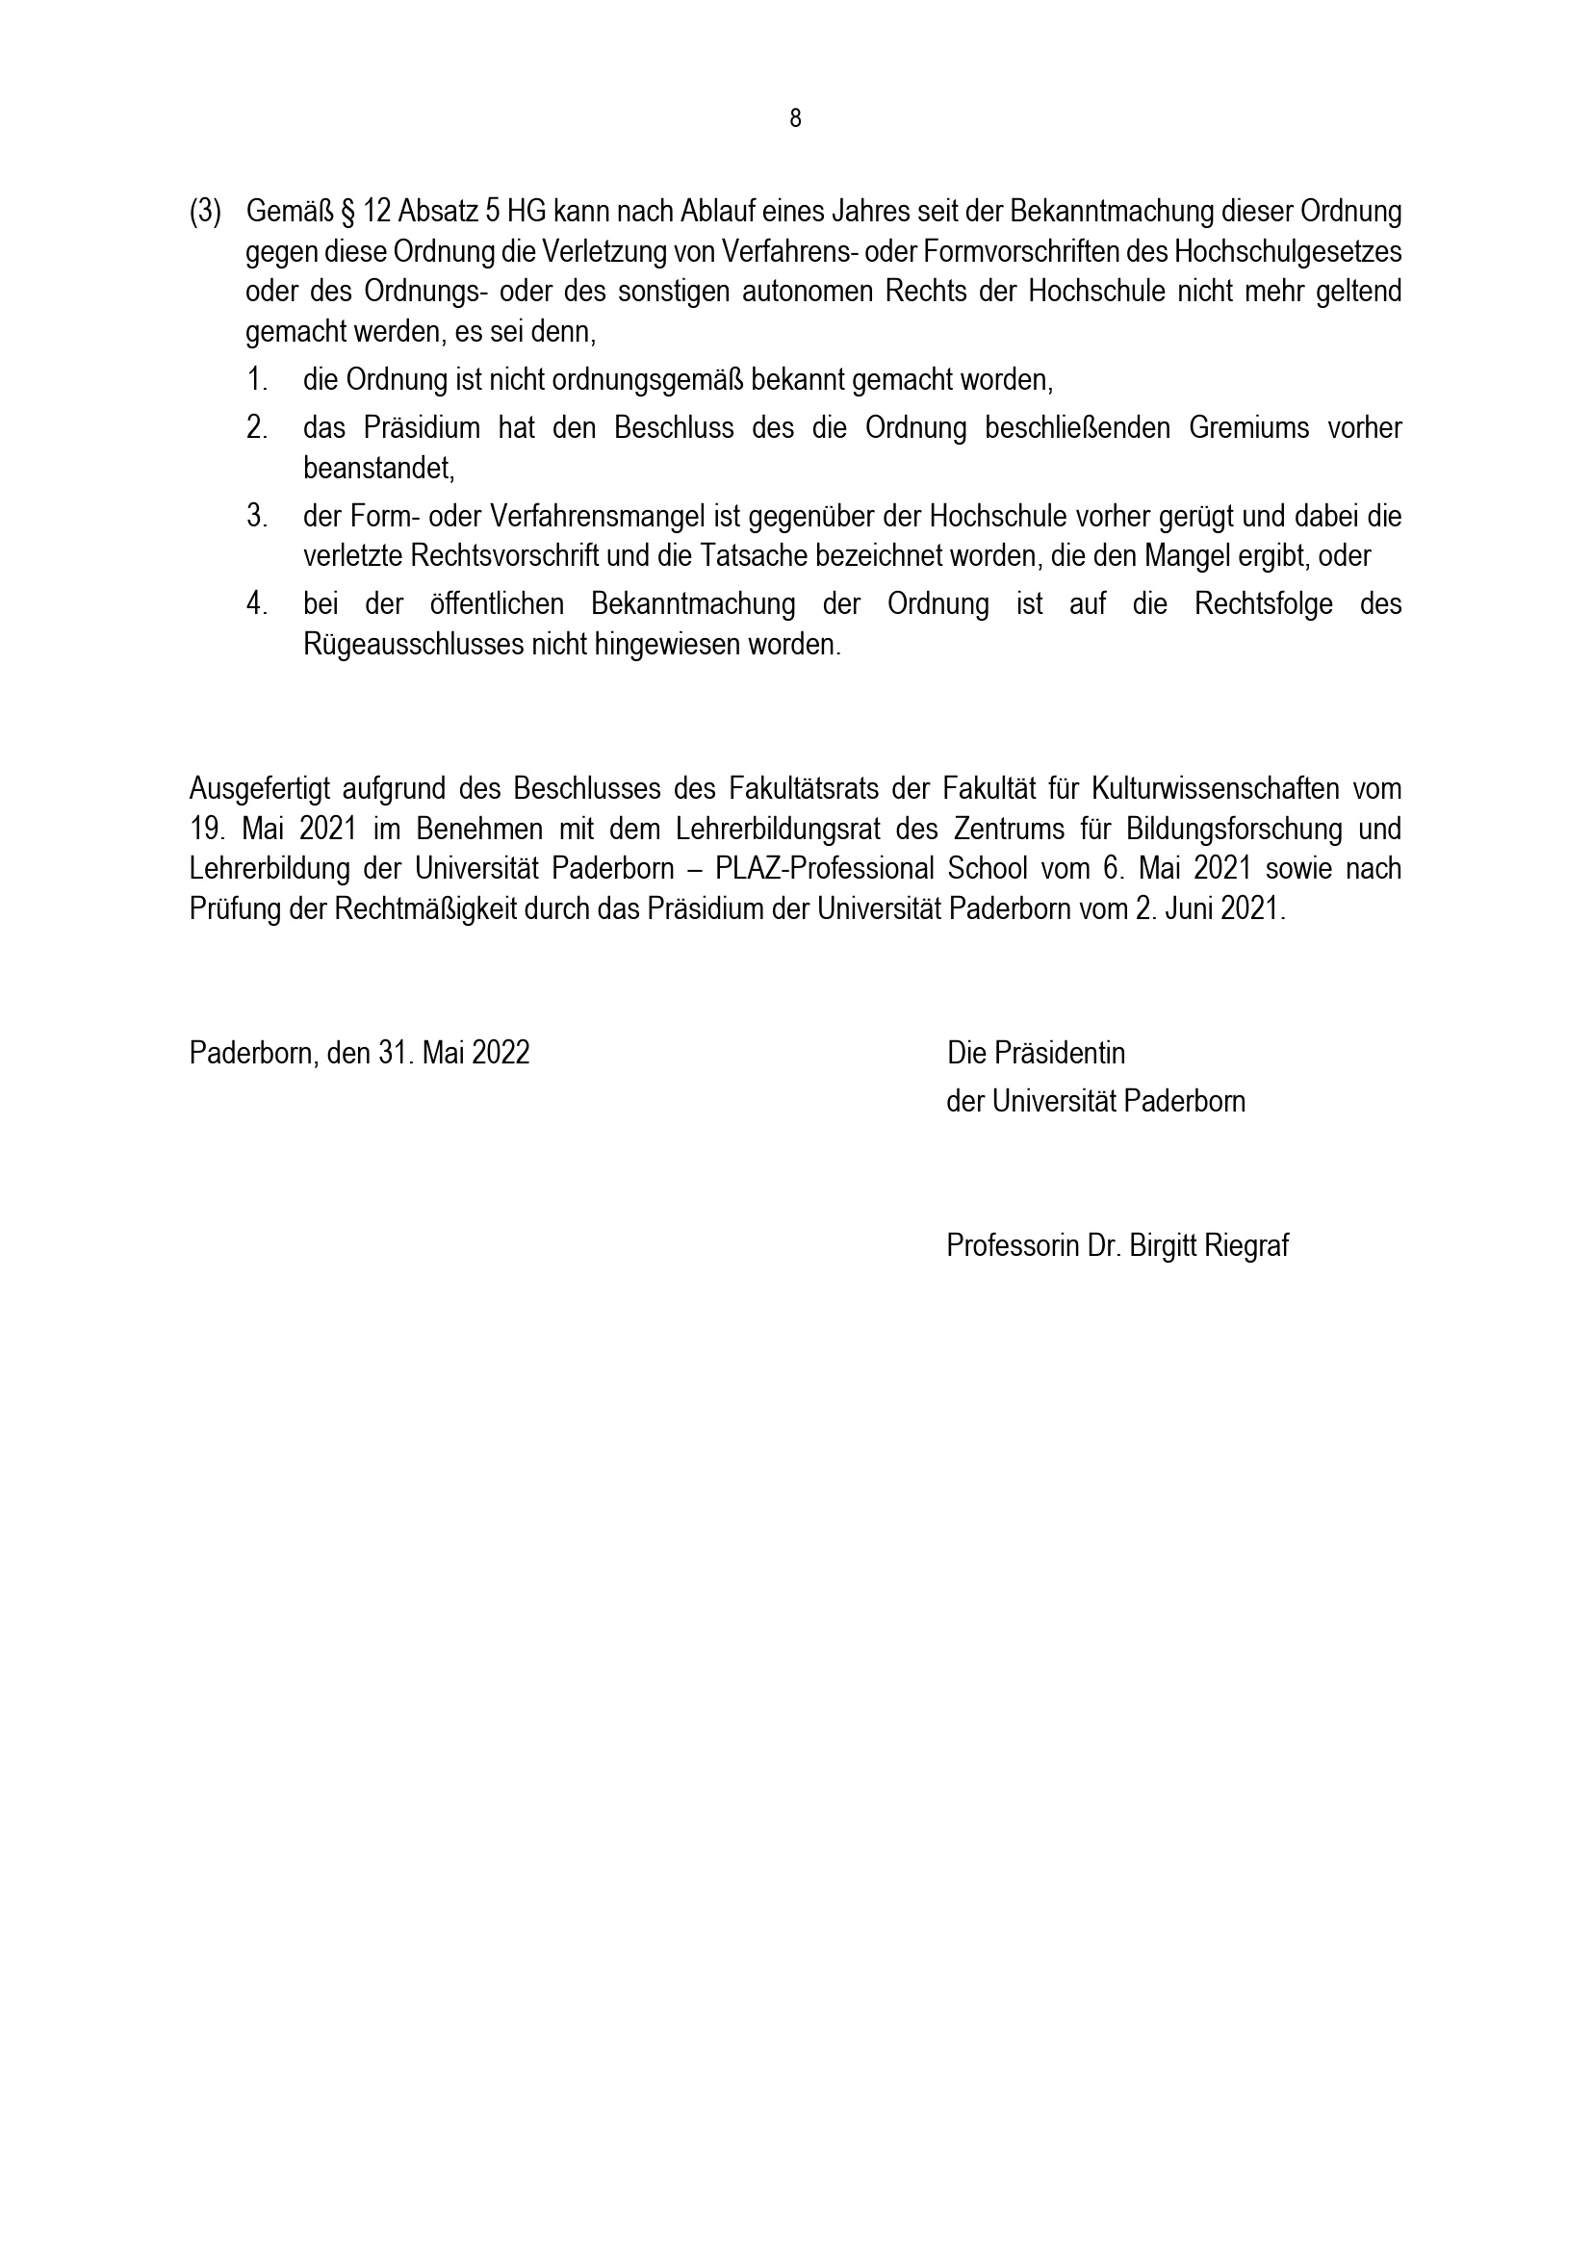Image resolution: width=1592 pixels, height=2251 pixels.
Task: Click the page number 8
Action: (x=795, y=118)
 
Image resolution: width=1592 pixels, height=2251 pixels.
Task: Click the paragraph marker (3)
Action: (x=205, y=212)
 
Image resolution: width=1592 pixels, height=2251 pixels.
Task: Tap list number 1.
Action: (x=257, y=379)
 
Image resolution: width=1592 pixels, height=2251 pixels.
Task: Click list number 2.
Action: (x=257, y=428)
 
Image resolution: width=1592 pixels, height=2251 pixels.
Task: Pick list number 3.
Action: (x=257, y=516)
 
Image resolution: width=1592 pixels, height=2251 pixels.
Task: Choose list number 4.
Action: (x=257, y=604)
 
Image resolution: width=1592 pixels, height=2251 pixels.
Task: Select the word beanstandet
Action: (x=378, y=469)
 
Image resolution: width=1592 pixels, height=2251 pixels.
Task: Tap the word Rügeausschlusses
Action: (x=414, y=645)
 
